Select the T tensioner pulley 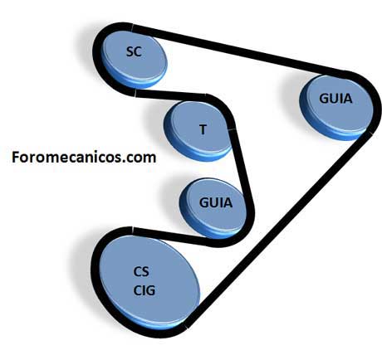point(198,130)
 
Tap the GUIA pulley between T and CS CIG point(213,208)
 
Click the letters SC point(134,51)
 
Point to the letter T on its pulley point(203,129)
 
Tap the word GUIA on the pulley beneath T point(216,202)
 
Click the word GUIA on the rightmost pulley point(335,99)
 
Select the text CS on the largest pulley point(141,271)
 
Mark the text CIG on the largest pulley point(144,290)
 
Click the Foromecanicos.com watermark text point(84,158)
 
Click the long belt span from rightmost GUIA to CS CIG point(279,230)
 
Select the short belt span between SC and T point(170,95)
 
